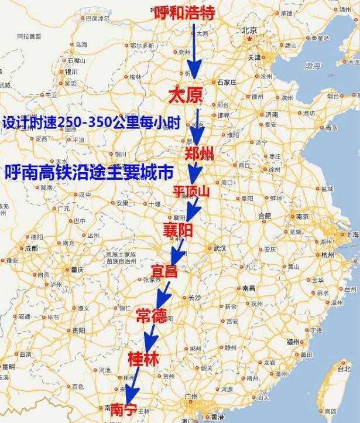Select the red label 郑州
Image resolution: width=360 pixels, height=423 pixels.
(199, 154)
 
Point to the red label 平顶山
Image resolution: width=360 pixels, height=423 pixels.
(191, 192)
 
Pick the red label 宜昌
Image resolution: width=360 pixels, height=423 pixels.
(164, 271)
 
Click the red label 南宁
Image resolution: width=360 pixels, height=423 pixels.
(124, 408)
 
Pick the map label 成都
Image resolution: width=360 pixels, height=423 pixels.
(30, 248)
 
